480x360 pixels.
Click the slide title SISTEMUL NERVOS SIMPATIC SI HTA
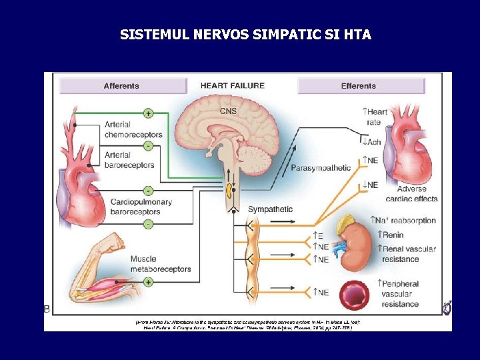click(245, 34)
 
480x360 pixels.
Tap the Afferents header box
click(122, 86)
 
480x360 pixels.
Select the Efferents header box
click(360, 86)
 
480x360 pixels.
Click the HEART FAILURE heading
click(233, 85)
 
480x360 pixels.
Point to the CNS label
click(229, 111)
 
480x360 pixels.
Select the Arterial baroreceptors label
click(129, 160)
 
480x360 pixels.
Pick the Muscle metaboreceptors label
click(160, 264)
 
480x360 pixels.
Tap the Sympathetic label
click(270, 209)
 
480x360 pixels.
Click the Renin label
click(393, 235)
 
